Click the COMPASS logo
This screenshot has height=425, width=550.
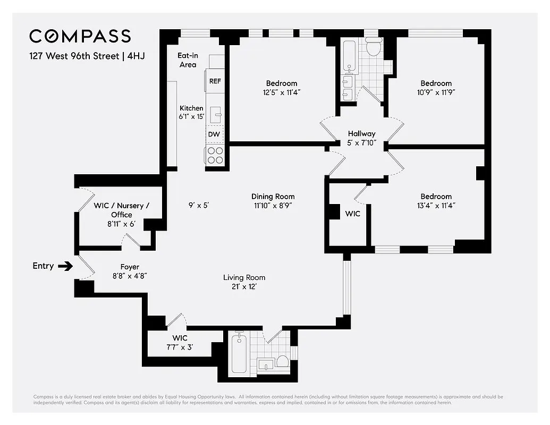pos(80,36)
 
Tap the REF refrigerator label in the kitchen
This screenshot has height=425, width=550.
pos(215,81)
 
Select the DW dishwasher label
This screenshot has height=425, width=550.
pos(214,134)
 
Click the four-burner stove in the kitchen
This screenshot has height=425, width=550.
pos(215,155)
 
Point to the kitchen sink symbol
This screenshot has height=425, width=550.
pos(216,113)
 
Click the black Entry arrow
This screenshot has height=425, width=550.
pos(66,266)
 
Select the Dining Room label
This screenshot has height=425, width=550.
pos(273,197)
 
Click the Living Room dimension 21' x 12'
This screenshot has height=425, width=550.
pos(244,287)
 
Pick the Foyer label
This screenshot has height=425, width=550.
pos(130,267)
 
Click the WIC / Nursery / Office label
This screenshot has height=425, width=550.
pos(122,206)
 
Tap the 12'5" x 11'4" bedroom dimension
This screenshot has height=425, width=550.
pos(282,92)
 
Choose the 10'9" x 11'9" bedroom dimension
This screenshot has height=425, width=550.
pos(436,92)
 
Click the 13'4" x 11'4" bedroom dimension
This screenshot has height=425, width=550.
pos(436,206)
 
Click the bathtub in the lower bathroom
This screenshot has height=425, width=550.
pos(239,353)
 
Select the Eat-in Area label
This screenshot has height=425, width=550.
pos(187,59)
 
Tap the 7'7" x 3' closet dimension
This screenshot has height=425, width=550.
pos(180,347)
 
